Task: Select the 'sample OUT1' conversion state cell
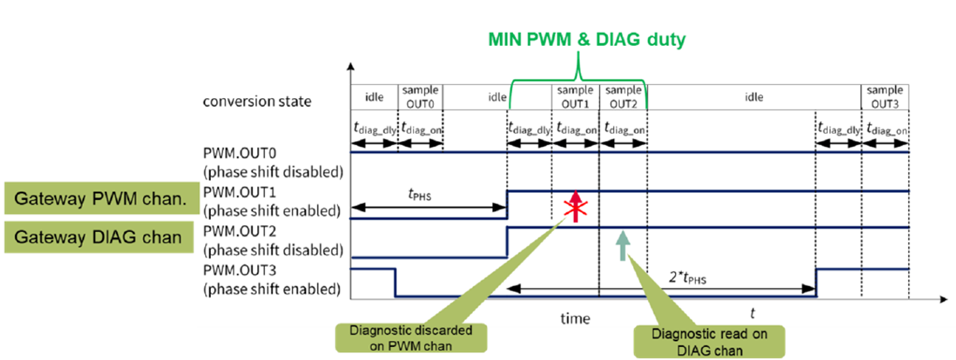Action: [x=576, y=97]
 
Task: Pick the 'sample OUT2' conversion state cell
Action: [x=622, y=97]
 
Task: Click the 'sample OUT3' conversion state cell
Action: [x=885, y=97]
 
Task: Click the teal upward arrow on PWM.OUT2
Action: [x=622, y=245]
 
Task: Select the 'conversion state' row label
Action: [x=256, y=101]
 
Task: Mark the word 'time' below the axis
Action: [x=576, y=318]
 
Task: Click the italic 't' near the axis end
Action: [x=752, y=312]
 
